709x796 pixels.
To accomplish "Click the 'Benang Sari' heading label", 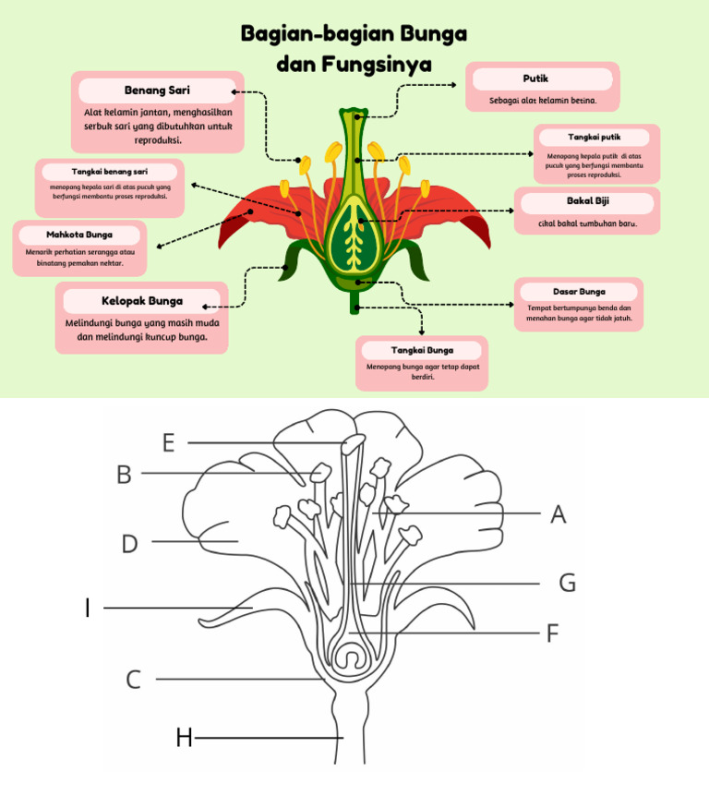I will coord(157,90).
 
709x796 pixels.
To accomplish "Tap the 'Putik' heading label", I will coord(535,78).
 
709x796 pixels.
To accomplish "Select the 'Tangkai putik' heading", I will coord(594,137).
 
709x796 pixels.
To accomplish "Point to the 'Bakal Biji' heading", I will coord(587,200).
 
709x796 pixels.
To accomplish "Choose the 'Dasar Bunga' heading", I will coord(579,291).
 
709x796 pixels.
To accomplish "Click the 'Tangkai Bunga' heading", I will coord(421,350).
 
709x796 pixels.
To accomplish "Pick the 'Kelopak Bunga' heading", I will coord(142,300).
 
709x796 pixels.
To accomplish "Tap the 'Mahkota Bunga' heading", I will coord(79,235).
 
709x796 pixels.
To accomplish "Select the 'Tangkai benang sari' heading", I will coord(110,172).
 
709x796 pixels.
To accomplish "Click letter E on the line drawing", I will coord(168,443).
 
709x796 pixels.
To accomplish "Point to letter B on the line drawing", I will coord(124,475).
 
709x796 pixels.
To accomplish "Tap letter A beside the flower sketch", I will coord(558,514).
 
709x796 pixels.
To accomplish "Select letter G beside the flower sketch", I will coord(567,583).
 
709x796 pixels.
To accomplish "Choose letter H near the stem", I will coord(185,738).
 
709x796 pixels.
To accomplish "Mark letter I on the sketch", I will coord(88,609).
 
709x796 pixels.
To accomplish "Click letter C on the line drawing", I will coord(134,681).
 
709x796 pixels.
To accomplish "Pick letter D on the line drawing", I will coord(130,544).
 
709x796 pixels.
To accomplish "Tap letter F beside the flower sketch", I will coord(553,633).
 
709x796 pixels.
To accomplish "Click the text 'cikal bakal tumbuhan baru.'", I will coord(587,223).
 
